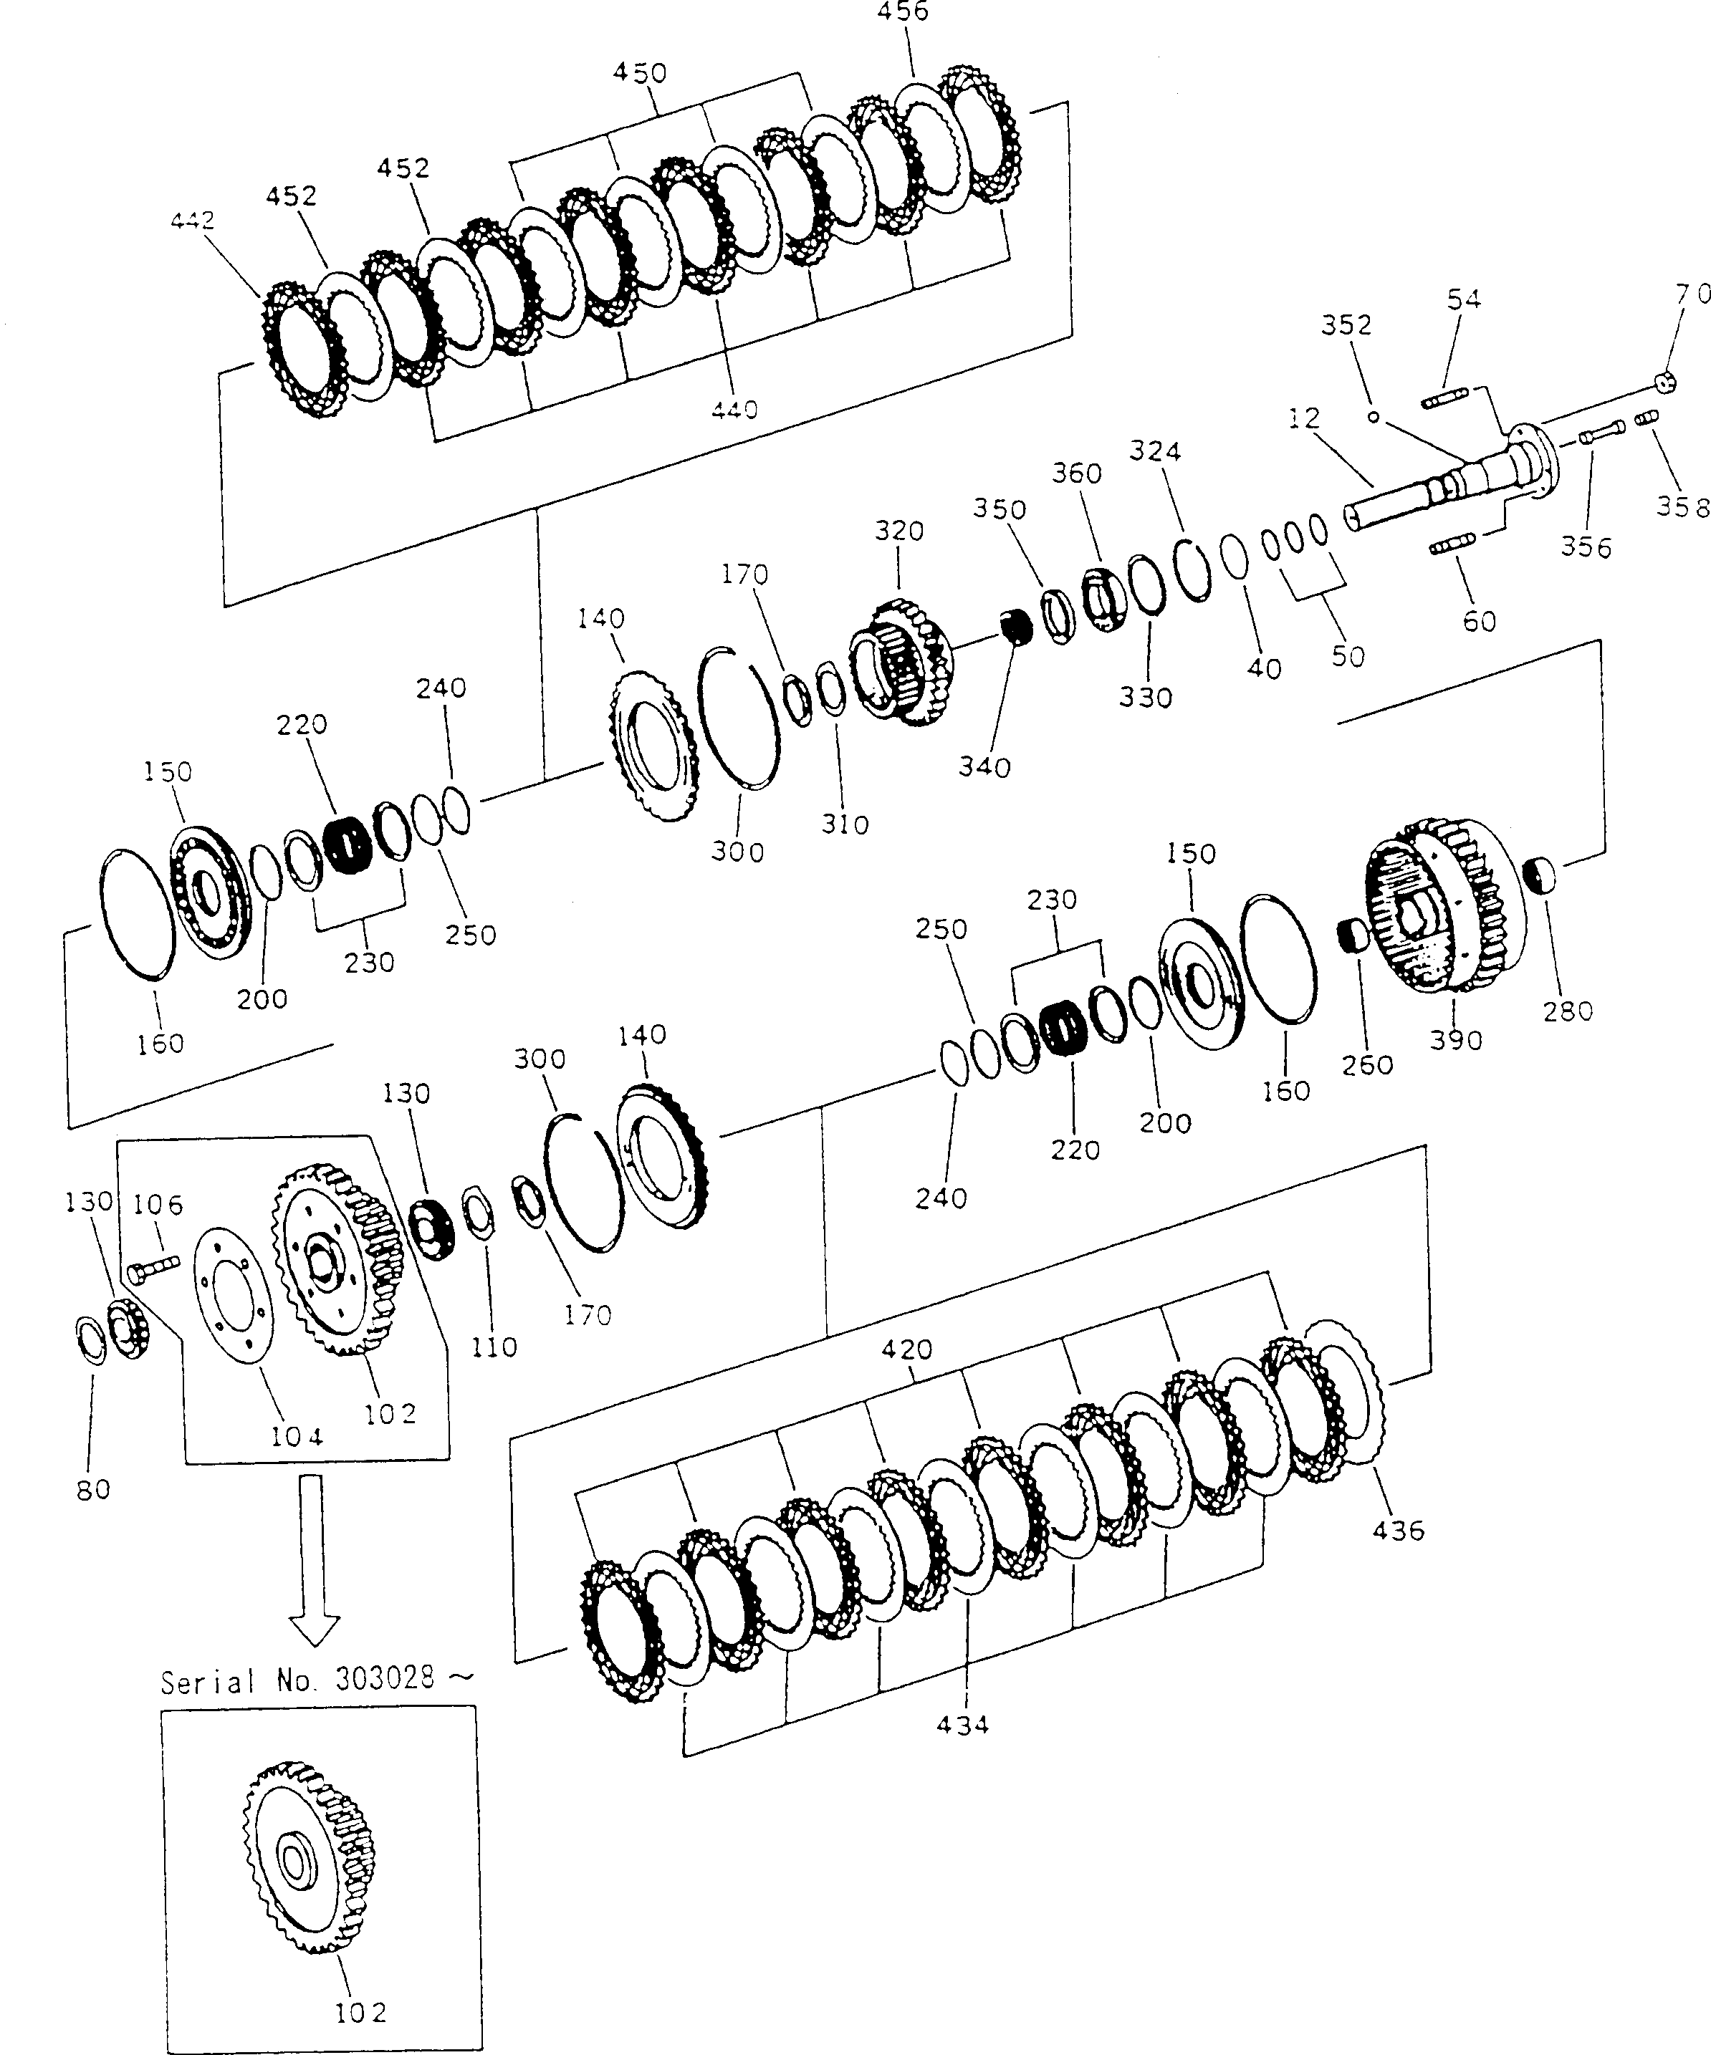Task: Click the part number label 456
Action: (904, 11)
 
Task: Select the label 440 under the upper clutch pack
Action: (734, 409)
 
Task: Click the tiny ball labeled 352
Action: (1374, 417)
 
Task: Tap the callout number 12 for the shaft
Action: (1304, 418)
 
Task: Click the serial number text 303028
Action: (385, 1678)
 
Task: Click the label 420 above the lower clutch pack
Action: (906, 1350)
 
